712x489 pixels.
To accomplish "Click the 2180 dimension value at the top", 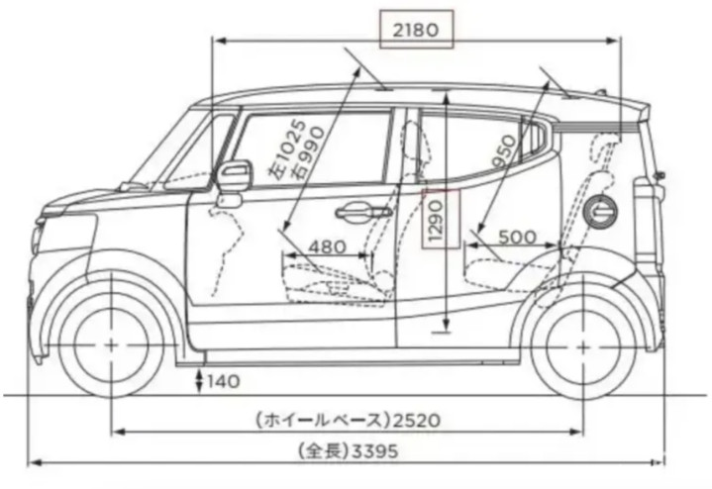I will [x=416, y=30].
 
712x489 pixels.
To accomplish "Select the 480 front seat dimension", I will [x=327, y=245].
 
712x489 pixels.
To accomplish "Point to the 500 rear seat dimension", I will [x=520, y=238].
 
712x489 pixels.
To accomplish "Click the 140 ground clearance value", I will [x=224, y=379].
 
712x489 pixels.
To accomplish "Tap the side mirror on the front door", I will [x=234, y=178].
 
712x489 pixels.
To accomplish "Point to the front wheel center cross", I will [x=110, y=345].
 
